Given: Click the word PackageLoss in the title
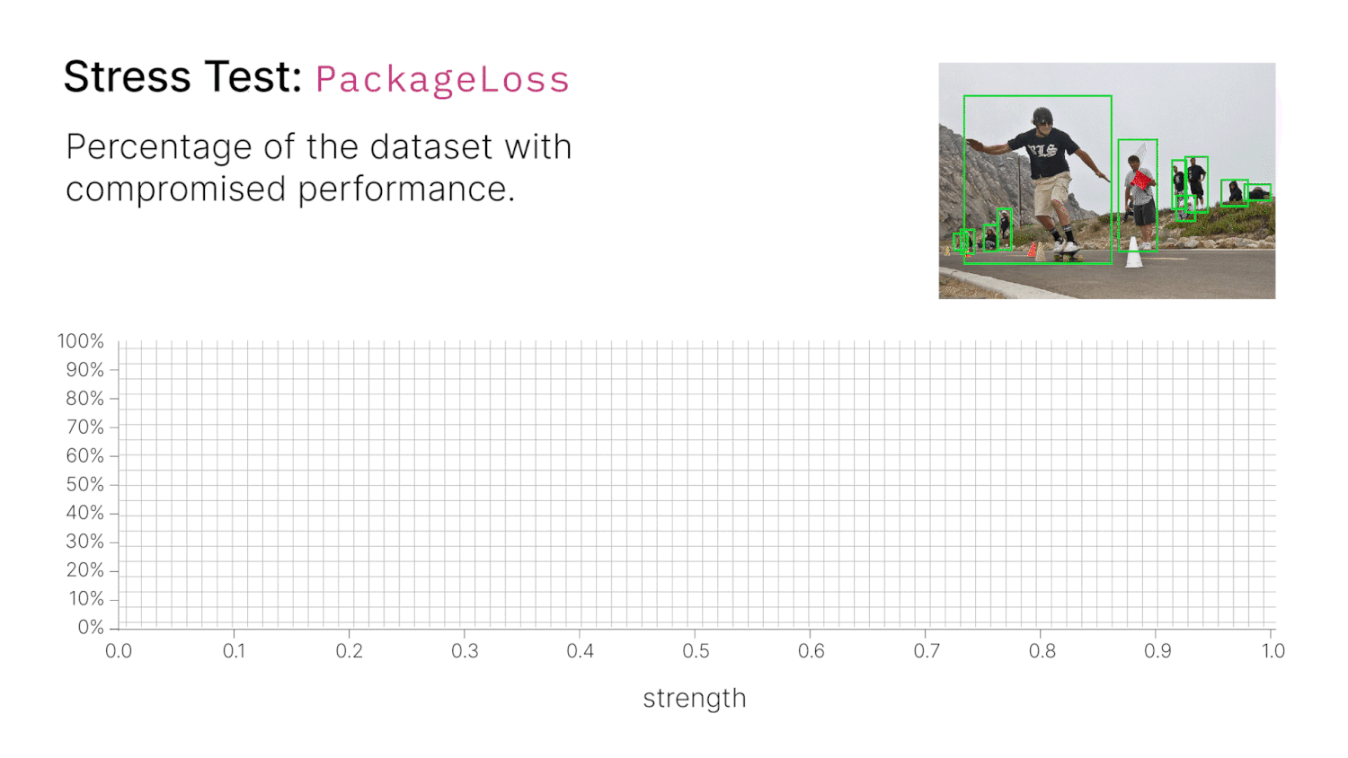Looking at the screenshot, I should (442, 80).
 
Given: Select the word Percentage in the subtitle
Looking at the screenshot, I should (158, 147).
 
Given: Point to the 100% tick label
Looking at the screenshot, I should (81, 341).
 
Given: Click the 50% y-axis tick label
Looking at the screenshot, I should (84, 484).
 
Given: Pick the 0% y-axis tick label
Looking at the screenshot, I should (90, 627).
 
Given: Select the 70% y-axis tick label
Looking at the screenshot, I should (84, 427).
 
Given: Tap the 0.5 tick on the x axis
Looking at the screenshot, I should (696, 651).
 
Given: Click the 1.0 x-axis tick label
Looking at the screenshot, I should (1273, 651).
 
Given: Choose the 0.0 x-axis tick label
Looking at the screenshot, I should (119, 651).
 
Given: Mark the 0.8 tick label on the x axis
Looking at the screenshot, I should (1042, 651).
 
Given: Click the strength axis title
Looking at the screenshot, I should (695, 699).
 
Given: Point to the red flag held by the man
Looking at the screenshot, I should (1141, 180).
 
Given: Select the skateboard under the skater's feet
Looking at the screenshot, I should (1067, 256).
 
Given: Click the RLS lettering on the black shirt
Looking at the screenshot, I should (1042, 150).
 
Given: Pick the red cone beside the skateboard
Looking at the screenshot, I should (1032, 250).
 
